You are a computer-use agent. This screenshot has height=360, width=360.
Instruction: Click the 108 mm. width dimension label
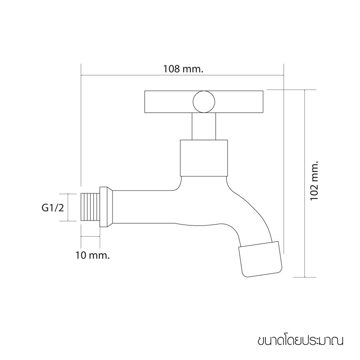[x=183, y=69]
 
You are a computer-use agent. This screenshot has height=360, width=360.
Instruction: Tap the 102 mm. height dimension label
[x=314, y=180]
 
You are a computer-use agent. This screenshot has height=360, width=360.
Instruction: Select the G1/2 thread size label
[x=53, y=208]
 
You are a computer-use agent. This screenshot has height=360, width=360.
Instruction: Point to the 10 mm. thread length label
[x=93, y=255]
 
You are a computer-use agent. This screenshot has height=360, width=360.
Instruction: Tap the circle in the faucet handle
[x=204, y=102]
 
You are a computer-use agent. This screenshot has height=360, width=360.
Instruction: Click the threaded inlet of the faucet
[x=90, y=207]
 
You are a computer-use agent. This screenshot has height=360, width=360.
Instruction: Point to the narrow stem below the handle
[x=204, y=126]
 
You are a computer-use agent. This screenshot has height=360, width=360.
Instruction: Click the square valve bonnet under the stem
[x=204, y=158]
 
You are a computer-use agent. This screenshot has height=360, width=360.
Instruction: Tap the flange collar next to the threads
[x=106, y=207]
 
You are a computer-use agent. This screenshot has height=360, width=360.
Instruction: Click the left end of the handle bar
[x=145, y=102]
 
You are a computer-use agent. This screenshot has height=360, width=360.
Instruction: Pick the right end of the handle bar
[x=263, y=102]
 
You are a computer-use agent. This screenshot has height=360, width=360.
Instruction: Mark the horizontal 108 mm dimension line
[x=182, y=75]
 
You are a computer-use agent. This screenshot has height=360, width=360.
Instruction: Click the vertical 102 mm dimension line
[x=305, y=184]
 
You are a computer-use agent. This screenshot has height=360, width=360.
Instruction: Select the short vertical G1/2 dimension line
[x=68, y=207]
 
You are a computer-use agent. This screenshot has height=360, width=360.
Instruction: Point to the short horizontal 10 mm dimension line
[x=90, y=236]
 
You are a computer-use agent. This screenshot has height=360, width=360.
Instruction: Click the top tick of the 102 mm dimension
[x=305, y=90]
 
